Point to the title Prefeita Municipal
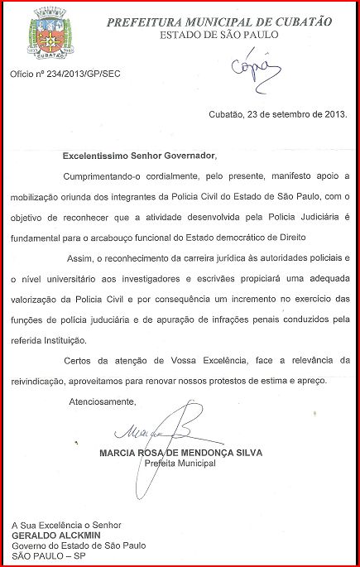180,464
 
